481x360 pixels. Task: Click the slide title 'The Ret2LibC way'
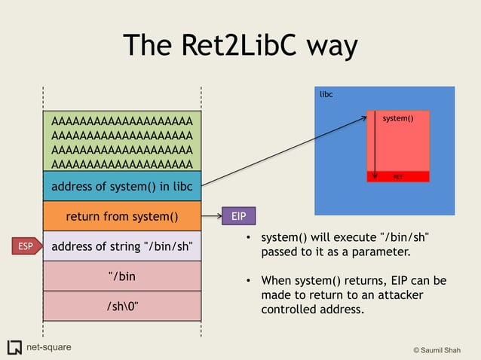240,46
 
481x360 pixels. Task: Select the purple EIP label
238,217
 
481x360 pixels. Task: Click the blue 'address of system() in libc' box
121,186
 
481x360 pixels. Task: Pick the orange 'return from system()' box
121,217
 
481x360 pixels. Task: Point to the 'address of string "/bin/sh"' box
121,246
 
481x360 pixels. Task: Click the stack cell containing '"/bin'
121,276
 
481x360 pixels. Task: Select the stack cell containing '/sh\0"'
121,305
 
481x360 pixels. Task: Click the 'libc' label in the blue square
326,95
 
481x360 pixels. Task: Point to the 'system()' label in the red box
398,119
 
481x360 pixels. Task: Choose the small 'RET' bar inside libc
397,177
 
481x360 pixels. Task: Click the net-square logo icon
14,347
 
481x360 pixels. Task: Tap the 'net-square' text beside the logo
49,347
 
